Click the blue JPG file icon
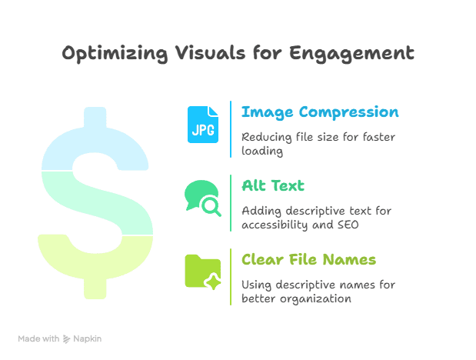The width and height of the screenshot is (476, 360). point(203,125)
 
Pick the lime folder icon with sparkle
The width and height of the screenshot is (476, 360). point(203,272)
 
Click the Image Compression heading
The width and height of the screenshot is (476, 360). point(320,112)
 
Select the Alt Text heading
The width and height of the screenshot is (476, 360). point(273,185)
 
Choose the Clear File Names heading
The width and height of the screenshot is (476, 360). point(308,259)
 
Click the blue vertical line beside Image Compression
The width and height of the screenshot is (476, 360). point(231,128)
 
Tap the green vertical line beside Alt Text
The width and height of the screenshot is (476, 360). point(231,202)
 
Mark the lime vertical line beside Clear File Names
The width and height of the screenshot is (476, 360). point(231,276)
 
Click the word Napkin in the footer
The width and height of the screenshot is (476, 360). point(88,338)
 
